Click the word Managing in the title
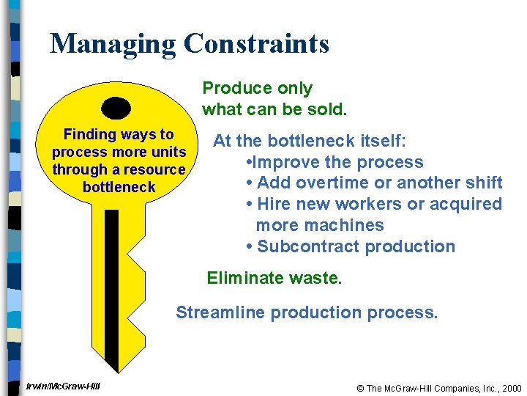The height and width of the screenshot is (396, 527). pyautogui.click(x=113, y=44)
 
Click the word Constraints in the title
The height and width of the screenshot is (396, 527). pyautogui.click(x=257, y=44)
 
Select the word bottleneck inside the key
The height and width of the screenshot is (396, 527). pyautogui.click(x=119, y=187)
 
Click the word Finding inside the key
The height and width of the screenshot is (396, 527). pyautogui.click(x=90, y=134)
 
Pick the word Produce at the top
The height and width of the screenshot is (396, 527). pyautogui.click(x=232, y=89)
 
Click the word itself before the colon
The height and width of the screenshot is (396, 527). pyautogui.click(x=381, y=141)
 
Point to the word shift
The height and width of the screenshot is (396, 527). pyautogui.click(x=482, y=183)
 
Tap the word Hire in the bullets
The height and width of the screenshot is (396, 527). pyautogui.click(x=273, y=204)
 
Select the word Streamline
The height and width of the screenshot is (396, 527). pyautogui.click(x=220, y=313)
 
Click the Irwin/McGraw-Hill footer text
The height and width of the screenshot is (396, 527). pyautogui.click(x=63, y=386)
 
